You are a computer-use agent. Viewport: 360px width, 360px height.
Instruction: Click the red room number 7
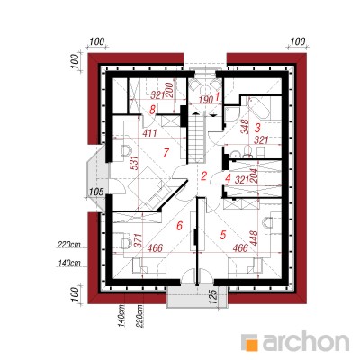pyautogui.click(x=166, y=153)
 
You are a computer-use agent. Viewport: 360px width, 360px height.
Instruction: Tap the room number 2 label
pyautogui.click(x=204, y=176)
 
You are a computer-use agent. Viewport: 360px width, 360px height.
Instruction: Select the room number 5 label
pyautogui.click(x=222, y=235)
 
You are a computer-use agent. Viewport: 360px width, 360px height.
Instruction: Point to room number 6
pyautogui.click(x=179, y=225)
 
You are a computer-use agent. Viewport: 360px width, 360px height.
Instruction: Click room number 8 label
pyautogui.click(x=152, y=110)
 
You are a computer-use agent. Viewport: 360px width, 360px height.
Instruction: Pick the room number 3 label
pyautogui.click(x=257, y=128)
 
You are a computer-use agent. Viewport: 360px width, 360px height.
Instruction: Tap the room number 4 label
pyautogui.click(x=228, y=179)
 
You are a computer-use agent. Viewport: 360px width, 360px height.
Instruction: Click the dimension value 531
pyautogui.click(x=135, y=163)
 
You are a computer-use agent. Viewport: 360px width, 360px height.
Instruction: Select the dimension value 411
pyautogui.click(x=149, y=133)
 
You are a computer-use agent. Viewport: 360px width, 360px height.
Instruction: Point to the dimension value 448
pyautogui.click(x=254, y=238)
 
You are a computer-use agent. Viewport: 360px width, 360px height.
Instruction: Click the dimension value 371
pyautogui.click(x=137, y=240)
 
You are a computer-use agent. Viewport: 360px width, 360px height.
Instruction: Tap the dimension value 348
pyautogui.click(x=245, y=127)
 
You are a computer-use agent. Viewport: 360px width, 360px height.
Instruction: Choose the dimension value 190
pyautogui.click(x=206, y=100)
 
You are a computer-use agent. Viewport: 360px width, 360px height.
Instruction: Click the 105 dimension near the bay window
pyautogui.click(x=96, y=191)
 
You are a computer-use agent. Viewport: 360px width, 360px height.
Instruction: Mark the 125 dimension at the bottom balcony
pyautogui.click(x=213, y=296)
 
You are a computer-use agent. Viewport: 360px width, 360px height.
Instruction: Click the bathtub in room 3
pyautogui.click(x=258, y=108)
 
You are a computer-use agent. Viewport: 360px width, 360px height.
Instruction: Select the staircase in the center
pyautogui.click(x=196, y=138)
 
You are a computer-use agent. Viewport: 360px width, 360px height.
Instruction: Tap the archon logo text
pyautogui.click(x=306, y=341)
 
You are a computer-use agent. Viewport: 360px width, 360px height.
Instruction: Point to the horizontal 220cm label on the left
pyautogui.click(x=68, y=245)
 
